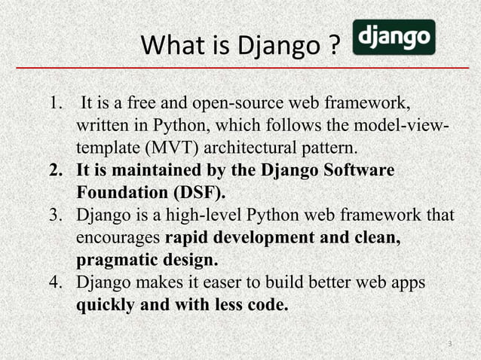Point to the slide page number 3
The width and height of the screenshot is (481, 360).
pyautogui.click(x=449, y=345)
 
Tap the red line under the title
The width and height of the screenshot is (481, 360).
pyautogui.click(x=241, y=69)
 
